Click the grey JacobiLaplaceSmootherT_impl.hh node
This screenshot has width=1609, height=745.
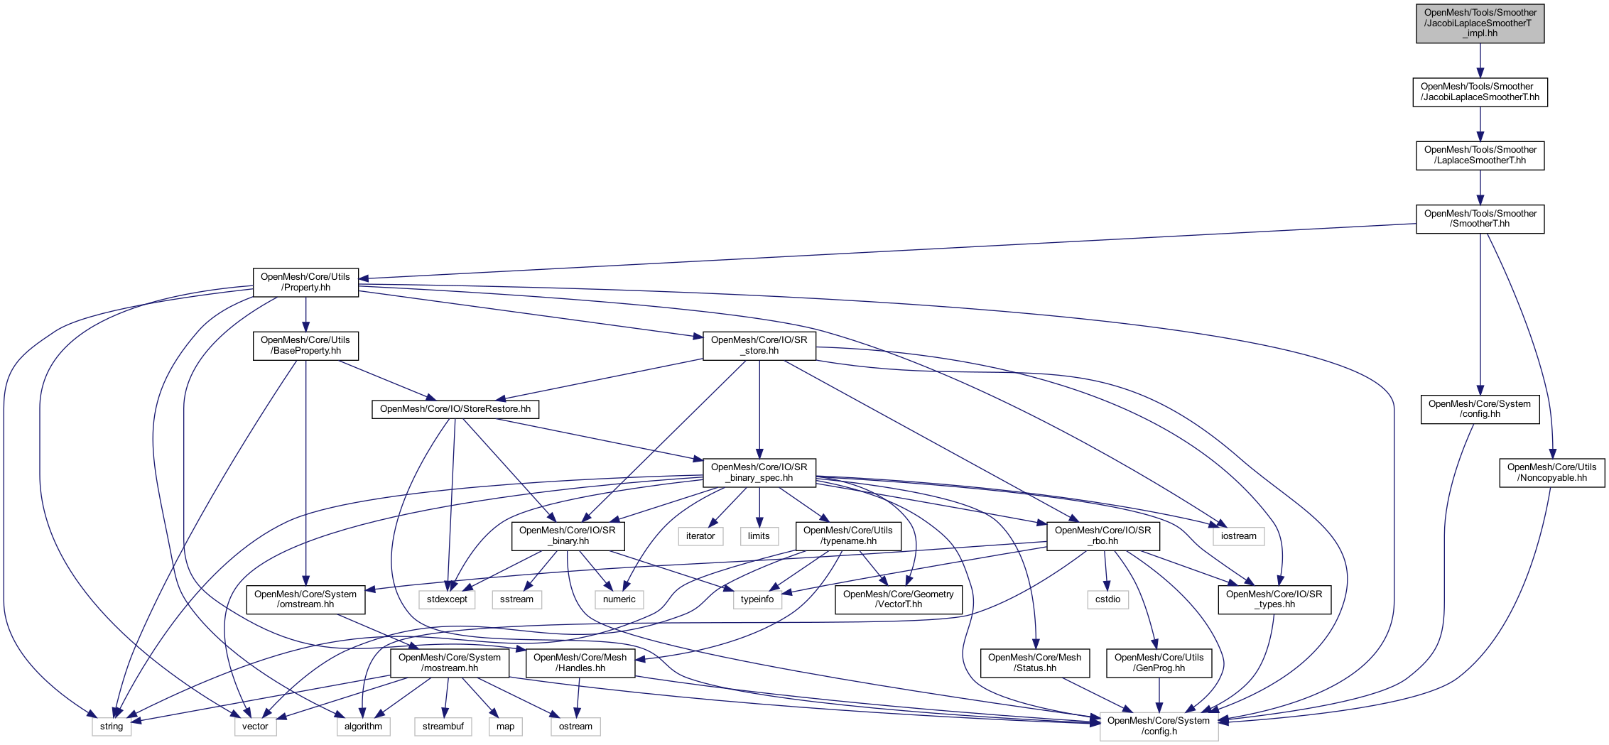tap(1480, 23)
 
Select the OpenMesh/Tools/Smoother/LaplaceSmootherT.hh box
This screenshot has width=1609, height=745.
tap(1480, 156)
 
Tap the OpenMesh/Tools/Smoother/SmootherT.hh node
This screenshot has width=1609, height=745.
tap(1480, 219)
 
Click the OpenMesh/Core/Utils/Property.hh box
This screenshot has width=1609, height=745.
tap(305, 283)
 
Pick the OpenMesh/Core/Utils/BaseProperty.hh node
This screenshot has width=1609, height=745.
tap(305, 346)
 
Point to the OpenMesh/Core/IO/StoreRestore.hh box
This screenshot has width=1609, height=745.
tap(455, 409)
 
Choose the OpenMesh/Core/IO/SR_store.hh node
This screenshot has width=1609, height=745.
tap(759, 346)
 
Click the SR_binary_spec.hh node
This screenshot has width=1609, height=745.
tap(759, 473)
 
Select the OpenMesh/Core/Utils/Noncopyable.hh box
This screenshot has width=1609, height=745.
tap(1551, 473)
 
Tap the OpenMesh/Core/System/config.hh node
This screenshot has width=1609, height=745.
tap(1480, 410)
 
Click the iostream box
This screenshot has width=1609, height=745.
tap(1238, 536)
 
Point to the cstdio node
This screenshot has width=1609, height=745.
tap(1107, 599)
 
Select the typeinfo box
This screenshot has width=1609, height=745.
tap(757, 599)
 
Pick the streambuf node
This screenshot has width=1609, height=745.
tap(443, 727)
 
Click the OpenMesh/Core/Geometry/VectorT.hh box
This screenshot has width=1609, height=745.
tap(898, 599)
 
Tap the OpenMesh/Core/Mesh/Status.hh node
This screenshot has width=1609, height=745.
tap(1034, 663)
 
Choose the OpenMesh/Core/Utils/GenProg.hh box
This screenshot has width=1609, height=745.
tap(1159, 663)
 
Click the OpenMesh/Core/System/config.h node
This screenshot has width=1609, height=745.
tap(1159, 727)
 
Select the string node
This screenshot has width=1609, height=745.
tap(112, 727)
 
